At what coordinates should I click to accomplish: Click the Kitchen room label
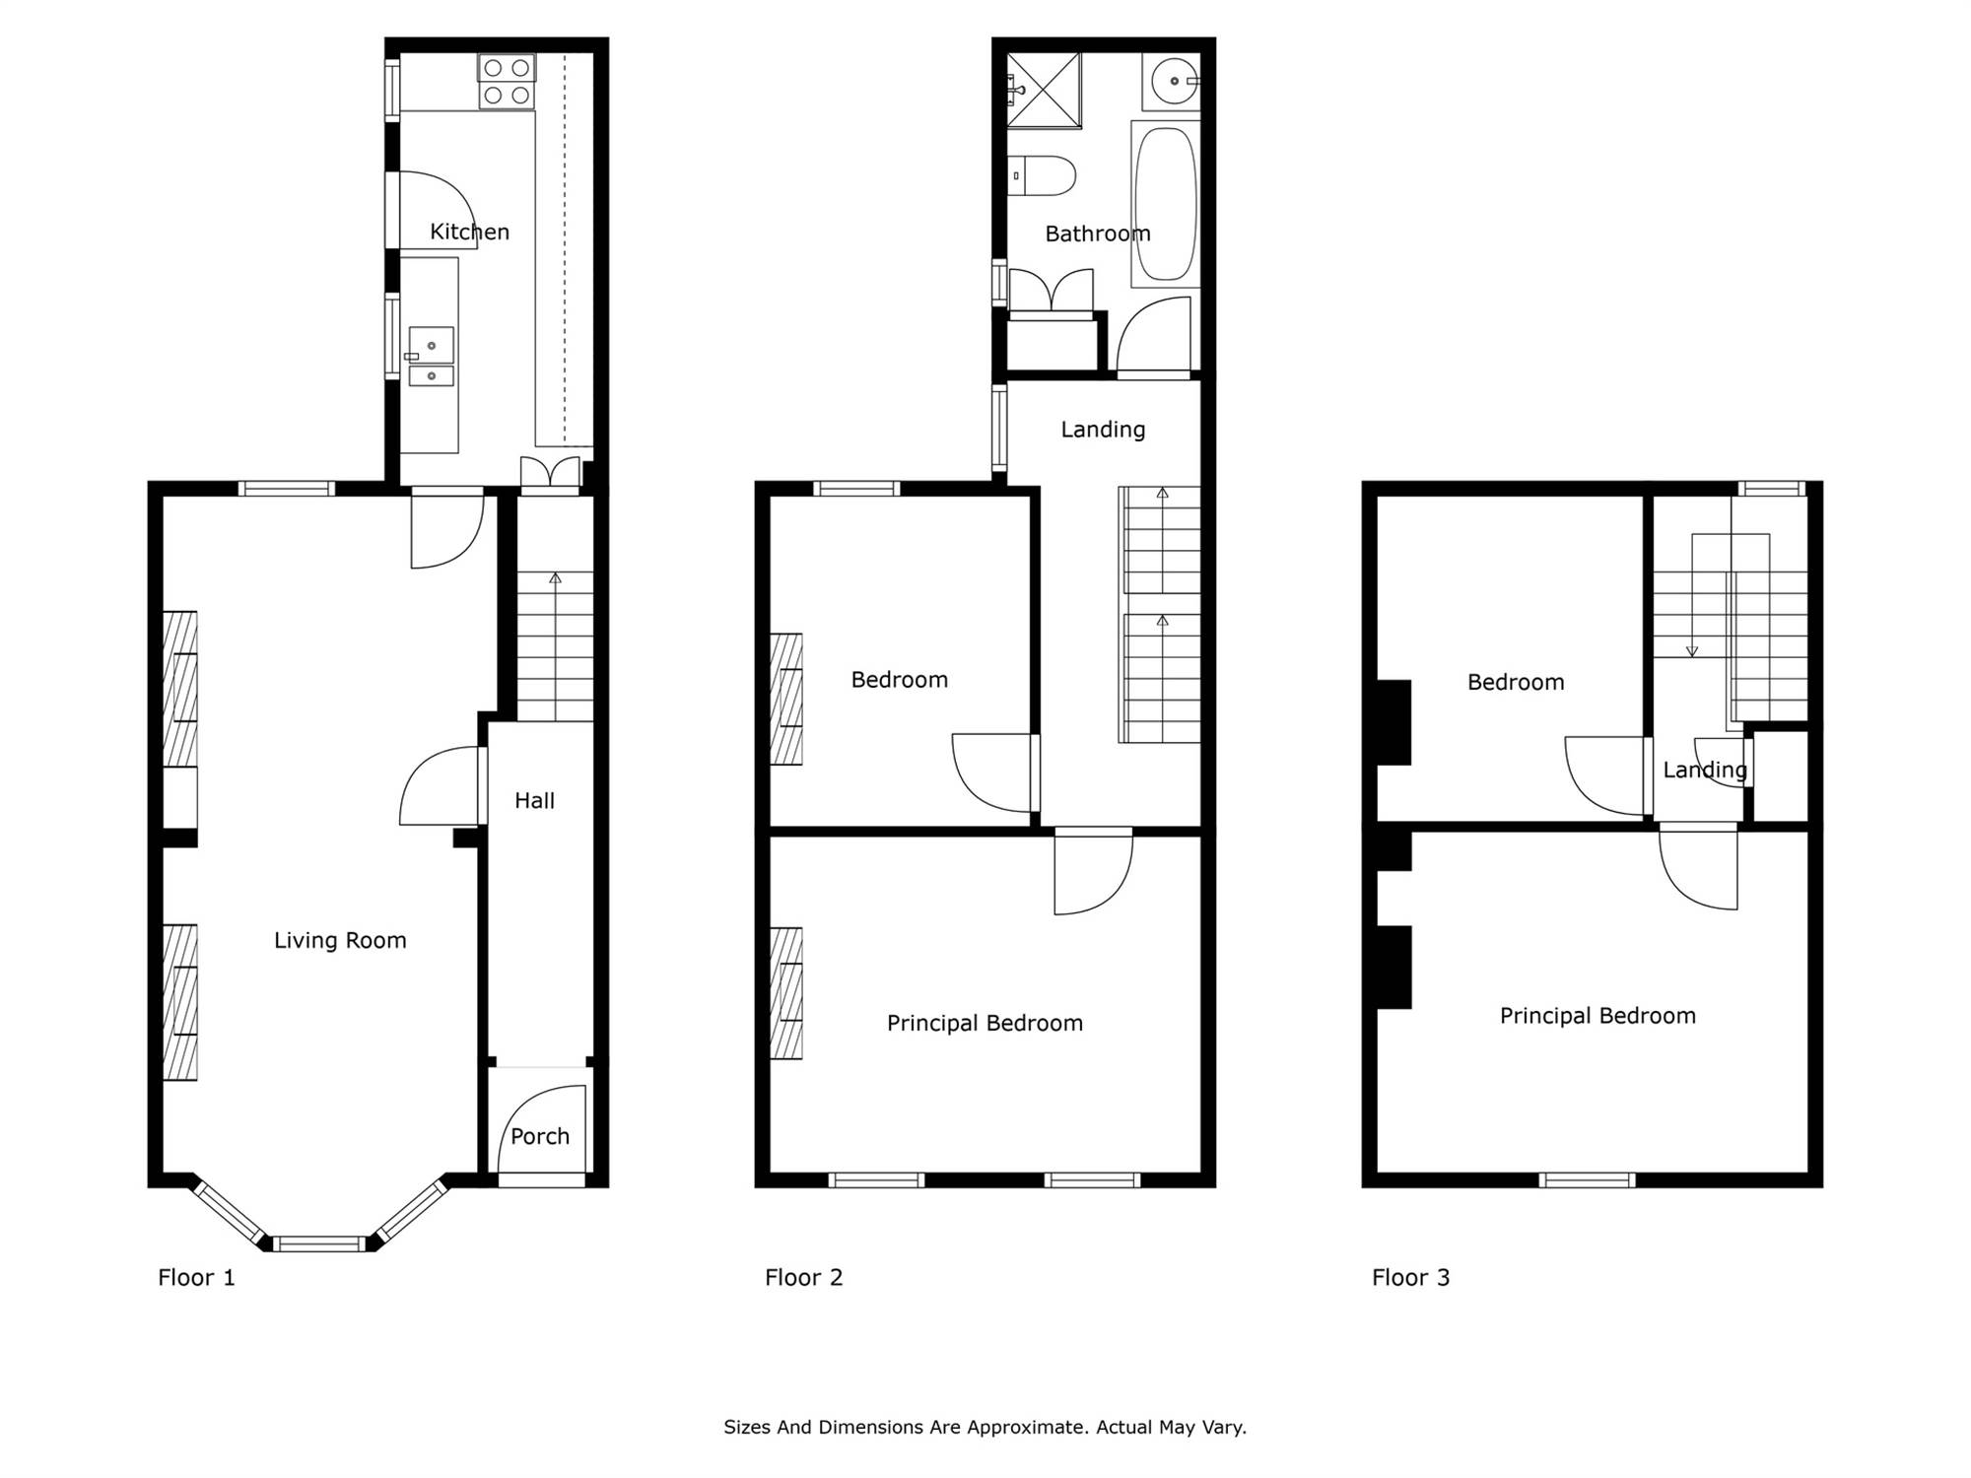(469, 233)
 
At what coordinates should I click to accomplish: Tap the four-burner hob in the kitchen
(508, 81)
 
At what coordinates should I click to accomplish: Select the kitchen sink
(432, 357)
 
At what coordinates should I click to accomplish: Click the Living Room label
(340, 941)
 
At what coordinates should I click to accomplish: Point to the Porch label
(540, 1137)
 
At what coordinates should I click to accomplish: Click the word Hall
(534, 801)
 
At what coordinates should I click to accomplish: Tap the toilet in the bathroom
(1041, 176)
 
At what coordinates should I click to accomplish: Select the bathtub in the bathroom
(1166, 204)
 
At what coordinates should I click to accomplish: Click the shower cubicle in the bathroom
(1044, 91)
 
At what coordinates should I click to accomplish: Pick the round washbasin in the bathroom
(1172, 82)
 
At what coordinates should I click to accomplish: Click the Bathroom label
(1098, 235)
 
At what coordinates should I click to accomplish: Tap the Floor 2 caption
(804, 1278)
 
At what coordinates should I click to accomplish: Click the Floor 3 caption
(1411, 1278)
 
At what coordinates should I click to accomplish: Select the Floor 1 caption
(197, 1278)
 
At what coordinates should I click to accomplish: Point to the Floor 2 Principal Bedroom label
(985, 1024)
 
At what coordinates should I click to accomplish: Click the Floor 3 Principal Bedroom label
(1597, 1016)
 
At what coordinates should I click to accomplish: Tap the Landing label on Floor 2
(1103, 430)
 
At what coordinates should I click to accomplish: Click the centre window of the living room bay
(319, 1243)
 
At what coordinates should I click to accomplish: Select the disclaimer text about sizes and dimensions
(985, 1427)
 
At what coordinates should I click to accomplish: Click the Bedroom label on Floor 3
(1516, 683)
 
